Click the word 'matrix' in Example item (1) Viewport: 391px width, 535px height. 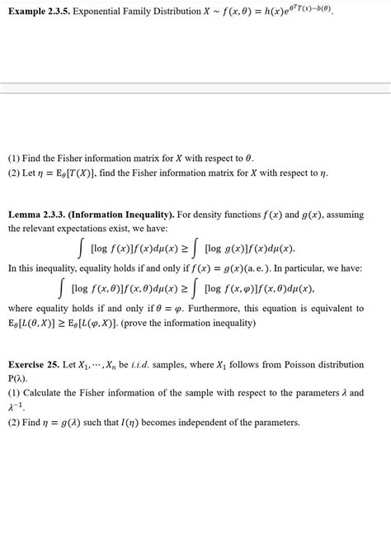[x=148, y=158]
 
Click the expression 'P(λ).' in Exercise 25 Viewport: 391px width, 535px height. [x=19, y=378]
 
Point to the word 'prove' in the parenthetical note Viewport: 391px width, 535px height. [x=137, y=322]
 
